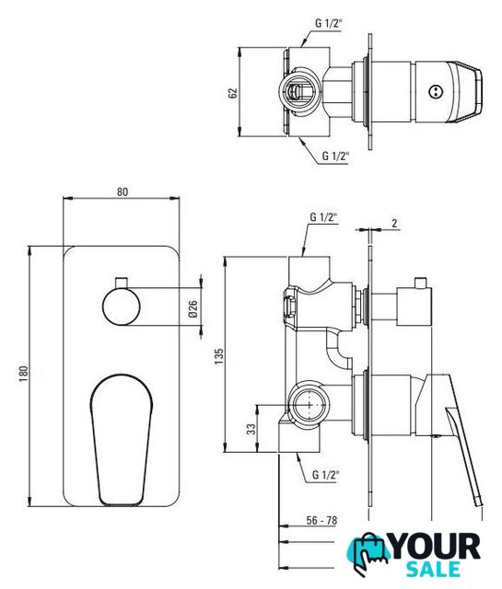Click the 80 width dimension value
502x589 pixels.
(123, 191)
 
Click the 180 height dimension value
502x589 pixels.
(23, 374)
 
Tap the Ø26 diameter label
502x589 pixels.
(193, 309)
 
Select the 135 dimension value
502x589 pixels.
(219, 356)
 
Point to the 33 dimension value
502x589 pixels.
(251, 429)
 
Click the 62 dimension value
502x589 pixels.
(233, 93)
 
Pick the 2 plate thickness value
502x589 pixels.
(394, 223)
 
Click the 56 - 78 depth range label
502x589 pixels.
(321, 520)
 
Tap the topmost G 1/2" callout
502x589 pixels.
(328, 23)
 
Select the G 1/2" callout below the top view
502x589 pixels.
(335, 156)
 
